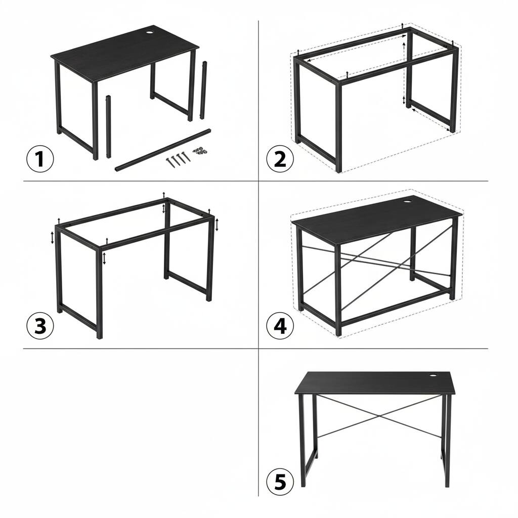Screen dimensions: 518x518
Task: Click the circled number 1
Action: tap(39, 160)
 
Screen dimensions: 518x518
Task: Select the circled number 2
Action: tap(280, 159)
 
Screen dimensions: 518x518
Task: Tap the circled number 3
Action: tap(39, 327)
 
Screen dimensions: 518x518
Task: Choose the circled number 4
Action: tap(280, 327)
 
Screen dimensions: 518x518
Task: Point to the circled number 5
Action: tap(280, 483)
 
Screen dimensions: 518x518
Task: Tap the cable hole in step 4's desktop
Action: tap(408, 202)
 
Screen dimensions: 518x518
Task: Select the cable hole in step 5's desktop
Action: tap(434, 376)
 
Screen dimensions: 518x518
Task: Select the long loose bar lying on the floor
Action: tap(163, 149)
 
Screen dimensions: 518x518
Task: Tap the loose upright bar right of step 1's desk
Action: tap(205, 90)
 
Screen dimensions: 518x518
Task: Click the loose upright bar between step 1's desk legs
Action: tap(108, 126)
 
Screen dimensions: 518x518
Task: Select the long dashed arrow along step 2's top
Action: tap(357, 47)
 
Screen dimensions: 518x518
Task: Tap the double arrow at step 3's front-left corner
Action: tap(53, 237)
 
